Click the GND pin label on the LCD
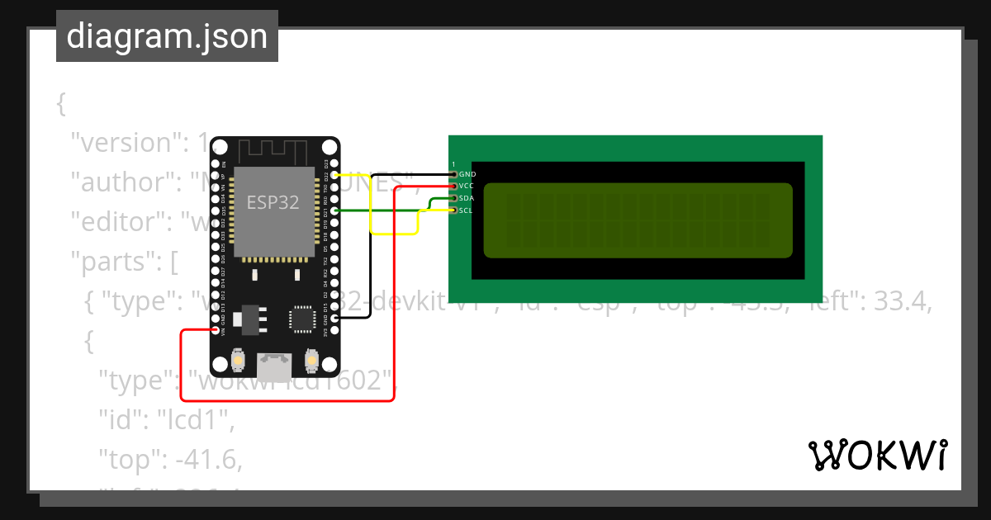(x=467, y=175)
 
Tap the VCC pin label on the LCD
(x=467, y=187)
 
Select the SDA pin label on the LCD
(x=467, y=199)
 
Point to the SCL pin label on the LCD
(x=466, y=210)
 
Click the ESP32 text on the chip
(x=273, y=201)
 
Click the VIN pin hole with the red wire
(x=216, y=330)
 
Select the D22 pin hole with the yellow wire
(x=334, y=175)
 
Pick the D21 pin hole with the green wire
(x=334, y=210)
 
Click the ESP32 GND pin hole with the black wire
(x=334, y=317)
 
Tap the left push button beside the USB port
(x=238, y=361)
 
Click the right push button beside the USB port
(x=311, y=361)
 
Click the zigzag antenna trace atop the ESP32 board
(x=273, y=152)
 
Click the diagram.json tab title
(x=167, y=36)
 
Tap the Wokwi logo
(x=878, y=455)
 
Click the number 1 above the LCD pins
(x=453, y=164)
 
